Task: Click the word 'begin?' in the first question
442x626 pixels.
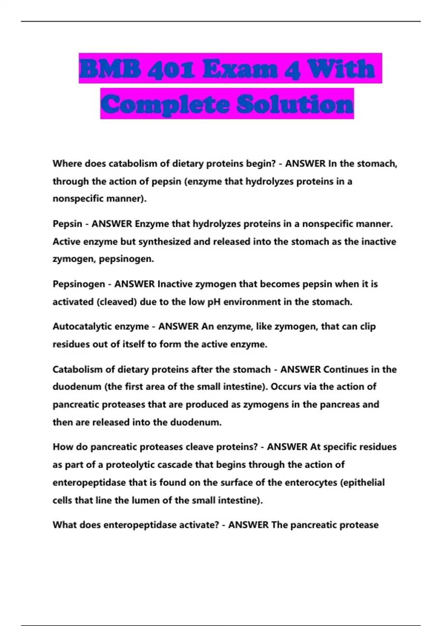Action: pyautogui.click(x=261, y=163)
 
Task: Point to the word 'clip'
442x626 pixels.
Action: pyautogui.click(x=366, y=327)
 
